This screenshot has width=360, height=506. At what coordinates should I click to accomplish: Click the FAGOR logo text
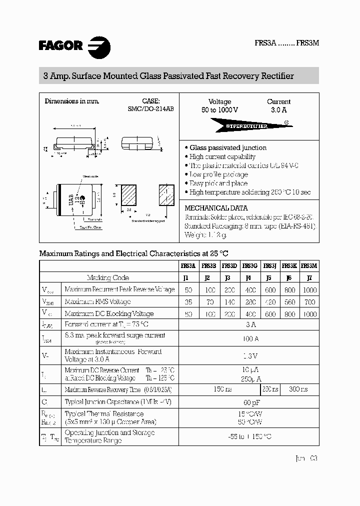coord(60,46)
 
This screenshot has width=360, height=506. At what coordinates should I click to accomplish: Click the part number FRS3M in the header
coord(307,43)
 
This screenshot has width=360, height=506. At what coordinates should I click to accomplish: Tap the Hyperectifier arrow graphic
coord(248,125)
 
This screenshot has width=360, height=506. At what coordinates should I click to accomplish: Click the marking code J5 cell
coord(268,277)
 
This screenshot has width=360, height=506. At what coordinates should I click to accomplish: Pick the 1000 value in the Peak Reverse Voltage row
coord(309,290)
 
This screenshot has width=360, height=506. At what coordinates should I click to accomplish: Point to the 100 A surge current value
coord(248,339)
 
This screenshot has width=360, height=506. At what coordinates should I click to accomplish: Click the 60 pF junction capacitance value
coord(248,402)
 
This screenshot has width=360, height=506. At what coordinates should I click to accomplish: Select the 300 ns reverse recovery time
coord(298,389)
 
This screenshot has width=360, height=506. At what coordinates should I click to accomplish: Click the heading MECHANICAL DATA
coord(216,208)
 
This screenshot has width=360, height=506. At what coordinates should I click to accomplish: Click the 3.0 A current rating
coord(278,110)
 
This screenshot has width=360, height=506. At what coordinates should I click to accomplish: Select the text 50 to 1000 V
coord(219,110)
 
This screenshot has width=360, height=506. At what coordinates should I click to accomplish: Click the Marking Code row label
coord(108,277)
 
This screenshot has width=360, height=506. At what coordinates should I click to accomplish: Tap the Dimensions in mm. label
coord(72,101)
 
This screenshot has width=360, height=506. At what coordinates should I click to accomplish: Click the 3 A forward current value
coord(248,325)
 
